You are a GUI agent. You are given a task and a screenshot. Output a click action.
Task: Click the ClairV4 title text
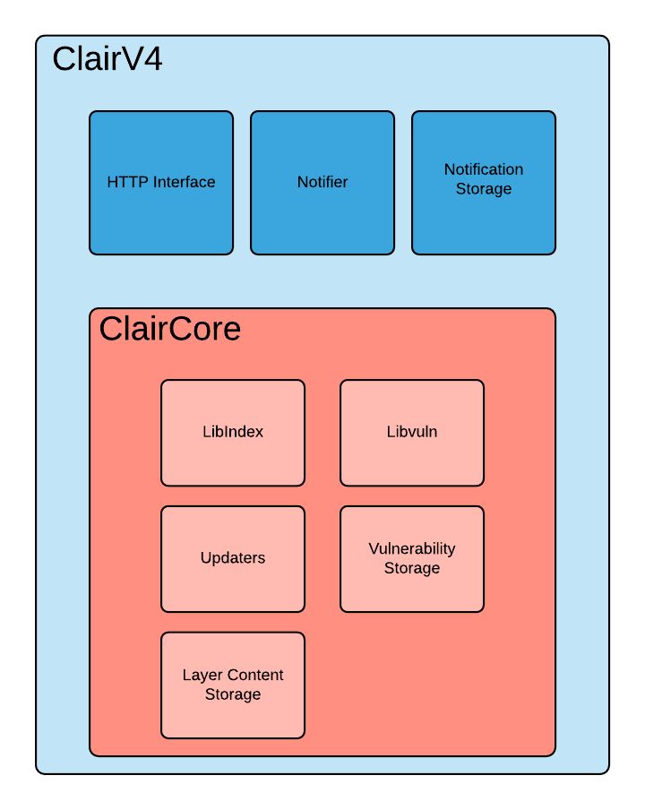click(107, 59)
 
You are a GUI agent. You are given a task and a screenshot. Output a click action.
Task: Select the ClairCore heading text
click(169, 329)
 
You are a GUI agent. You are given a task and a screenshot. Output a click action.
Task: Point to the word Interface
click(184, 182)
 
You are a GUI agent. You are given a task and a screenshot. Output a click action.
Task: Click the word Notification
click(484, 169)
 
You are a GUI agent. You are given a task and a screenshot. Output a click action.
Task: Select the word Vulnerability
click(412, 548)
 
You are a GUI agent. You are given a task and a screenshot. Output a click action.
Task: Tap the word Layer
click(202, 675)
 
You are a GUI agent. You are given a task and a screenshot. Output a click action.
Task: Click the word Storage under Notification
click(484, 189)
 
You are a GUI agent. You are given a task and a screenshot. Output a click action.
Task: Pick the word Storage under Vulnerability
click(412, 568)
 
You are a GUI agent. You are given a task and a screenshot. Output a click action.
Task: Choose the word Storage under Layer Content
click(233, 694)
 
